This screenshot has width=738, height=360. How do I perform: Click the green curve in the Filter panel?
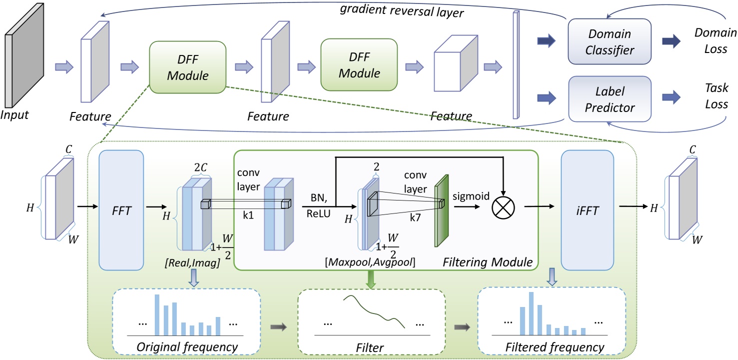pos(374,310)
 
